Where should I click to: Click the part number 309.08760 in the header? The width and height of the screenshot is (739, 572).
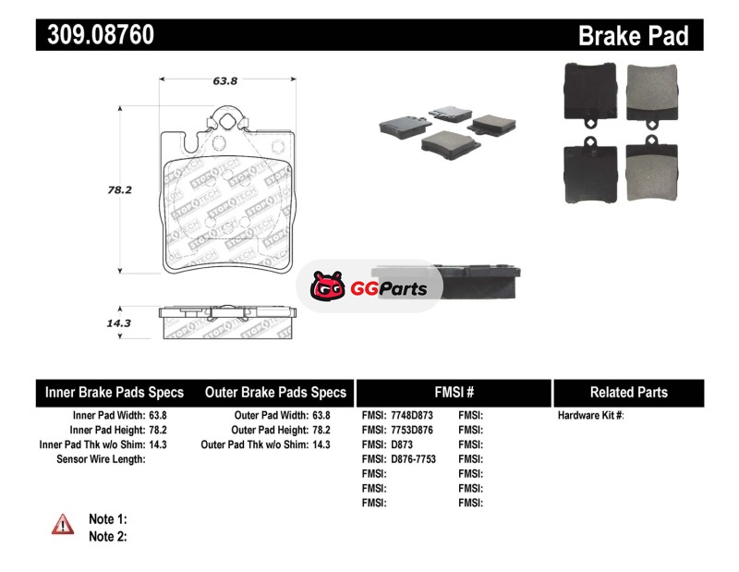point(101,34)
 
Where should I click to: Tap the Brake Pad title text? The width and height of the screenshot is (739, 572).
point(633,36)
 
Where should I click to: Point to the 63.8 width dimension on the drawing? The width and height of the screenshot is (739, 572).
point(224,81)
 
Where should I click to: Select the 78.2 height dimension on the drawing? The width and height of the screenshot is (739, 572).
point(120,189)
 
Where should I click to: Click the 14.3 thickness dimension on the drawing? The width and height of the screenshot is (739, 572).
point(119,323)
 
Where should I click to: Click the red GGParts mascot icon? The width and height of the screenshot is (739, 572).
point(327,286)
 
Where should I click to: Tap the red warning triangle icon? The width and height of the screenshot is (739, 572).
point(63,524)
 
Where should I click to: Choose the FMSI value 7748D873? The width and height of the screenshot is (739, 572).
point(412,416)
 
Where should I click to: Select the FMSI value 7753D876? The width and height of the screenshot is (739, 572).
point(412,430)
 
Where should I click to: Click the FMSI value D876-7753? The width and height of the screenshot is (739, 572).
point(413,459)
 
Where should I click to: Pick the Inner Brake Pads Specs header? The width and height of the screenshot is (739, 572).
point(115,393)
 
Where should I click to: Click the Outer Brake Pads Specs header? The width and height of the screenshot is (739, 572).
point(275,393)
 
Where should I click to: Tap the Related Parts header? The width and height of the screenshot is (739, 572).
point(629,393)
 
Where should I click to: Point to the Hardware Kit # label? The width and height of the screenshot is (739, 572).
point(590,416)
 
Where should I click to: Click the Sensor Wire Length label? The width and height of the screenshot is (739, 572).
point(101,459)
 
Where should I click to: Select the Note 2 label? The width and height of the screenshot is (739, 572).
point(108,537)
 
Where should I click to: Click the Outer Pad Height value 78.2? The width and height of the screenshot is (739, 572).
point(321,430)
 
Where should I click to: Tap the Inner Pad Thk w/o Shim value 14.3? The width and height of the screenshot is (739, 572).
point(158,444)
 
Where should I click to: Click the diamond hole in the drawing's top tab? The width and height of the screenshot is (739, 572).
point(227,121)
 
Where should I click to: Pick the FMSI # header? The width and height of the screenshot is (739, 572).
point(454,393)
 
